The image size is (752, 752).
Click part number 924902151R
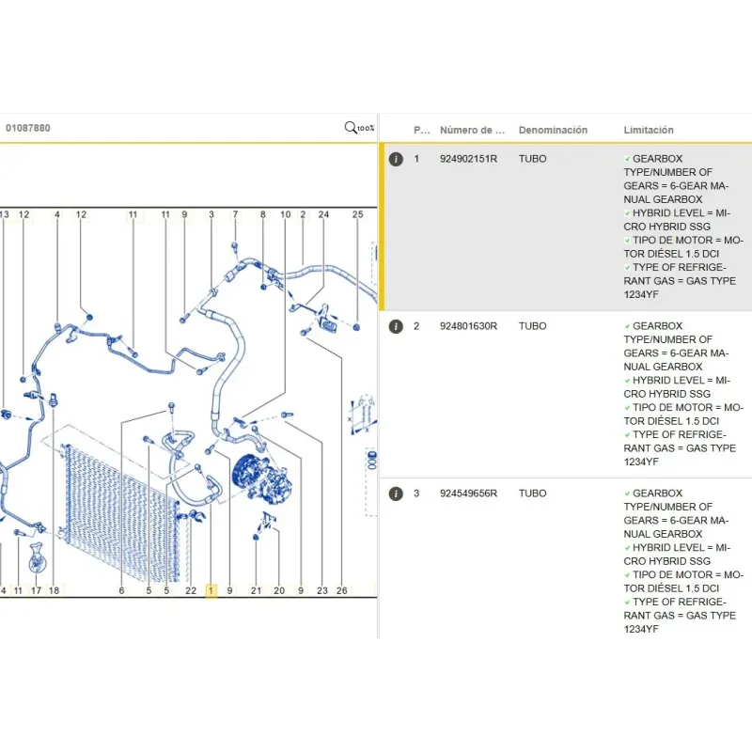[x=468, y=159]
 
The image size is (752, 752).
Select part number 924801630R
[x=468, y=326]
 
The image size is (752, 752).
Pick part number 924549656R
[x=468, y=493]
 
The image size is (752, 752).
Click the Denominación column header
[x=553, y=130]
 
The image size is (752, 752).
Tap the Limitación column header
[x=649, y=130]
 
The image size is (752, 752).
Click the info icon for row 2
[x=396, y=326]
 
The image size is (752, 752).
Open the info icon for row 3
[x=396, y=493]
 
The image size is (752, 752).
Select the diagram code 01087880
[x=28, y=128]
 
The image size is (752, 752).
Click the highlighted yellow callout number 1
[x=211, y=590]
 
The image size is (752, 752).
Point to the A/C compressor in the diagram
[x=262, y=478]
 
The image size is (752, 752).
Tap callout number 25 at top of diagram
[x=358, y=214]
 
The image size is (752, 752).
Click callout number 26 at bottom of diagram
[x=341, y=590]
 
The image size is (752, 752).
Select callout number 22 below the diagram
[x=191, y=590]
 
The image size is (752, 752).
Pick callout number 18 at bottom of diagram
[x=54, y=590]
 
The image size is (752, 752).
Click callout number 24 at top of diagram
[x=323, y=214]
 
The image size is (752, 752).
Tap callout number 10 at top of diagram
[x=286, y=214]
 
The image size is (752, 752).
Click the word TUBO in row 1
[x=532, y=159]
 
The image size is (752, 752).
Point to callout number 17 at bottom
[x=36, y=590]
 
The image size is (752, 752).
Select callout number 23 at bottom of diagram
[x=322, y=590]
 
